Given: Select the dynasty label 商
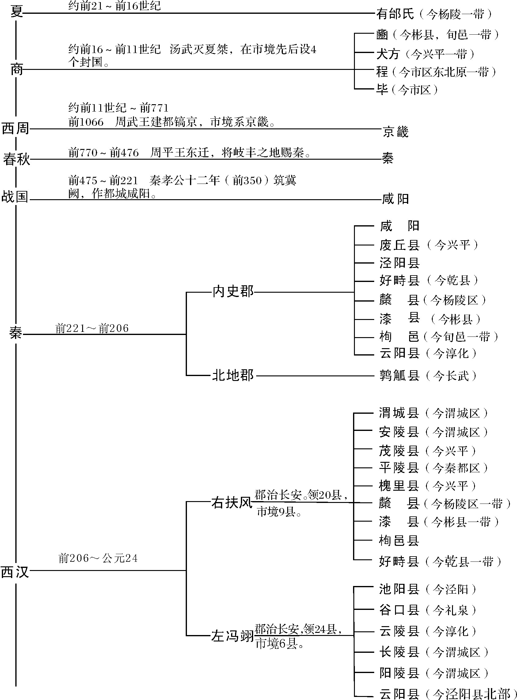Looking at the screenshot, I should [16, 70].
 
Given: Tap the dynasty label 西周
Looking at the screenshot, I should [15, 128].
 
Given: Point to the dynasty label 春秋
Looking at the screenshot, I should [16, 159].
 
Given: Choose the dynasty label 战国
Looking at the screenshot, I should [15, 197].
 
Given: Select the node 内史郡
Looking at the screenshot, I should [233, 292].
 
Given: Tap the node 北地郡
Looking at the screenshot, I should [233, 375].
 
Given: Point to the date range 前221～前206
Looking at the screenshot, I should [92, 328].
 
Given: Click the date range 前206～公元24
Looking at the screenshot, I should [98, 558].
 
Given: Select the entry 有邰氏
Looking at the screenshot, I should [395, 14].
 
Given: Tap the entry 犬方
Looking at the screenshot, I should [388, 54].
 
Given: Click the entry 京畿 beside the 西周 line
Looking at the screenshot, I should [396, 132].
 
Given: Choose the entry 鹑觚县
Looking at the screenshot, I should [399, 375].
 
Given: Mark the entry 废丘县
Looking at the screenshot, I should [399, 245].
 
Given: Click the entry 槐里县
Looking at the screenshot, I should [399, 486].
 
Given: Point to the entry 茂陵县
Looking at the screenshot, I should [399, 451].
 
